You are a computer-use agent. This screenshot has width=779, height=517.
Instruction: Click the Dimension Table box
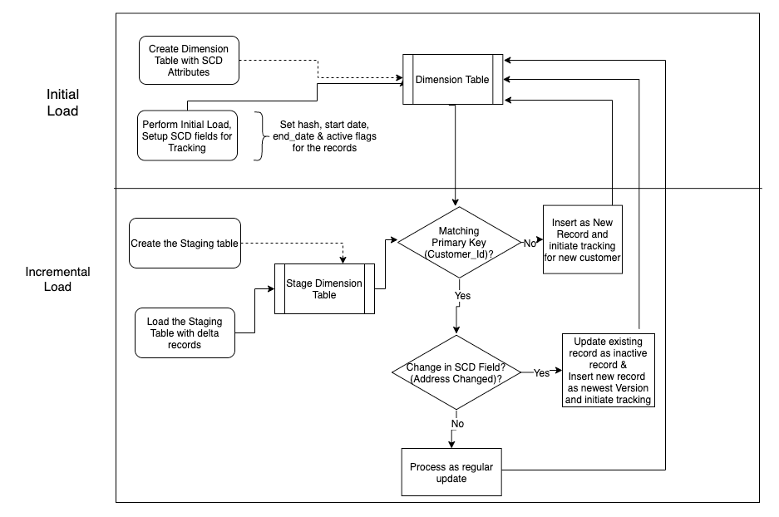click(x=453, y=80)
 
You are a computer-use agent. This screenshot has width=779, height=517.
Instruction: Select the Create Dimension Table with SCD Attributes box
click(x=189, y=60)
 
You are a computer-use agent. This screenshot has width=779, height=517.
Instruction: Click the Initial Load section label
click(x=62, y=103)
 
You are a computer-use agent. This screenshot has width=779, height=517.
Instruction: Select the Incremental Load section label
click(x=58, y=279)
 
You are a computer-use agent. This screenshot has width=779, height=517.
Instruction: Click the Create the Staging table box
click(x=185, y=244)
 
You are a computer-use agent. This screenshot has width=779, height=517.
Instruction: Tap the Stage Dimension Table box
click(x=324, y=289)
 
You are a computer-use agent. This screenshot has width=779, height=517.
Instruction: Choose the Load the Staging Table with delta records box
click(x=184, y=332)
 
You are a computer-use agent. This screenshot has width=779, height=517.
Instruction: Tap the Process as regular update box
click(x=451, y=473)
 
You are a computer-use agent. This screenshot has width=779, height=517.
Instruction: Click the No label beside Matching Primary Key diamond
click(x=529, y=243)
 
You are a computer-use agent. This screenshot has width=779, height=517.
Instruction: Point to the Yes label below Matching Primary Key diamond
click(x=462, y=295)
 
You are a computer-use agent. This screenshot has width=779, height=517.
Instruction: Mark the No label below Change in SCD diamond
click(x=457, y=424)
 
